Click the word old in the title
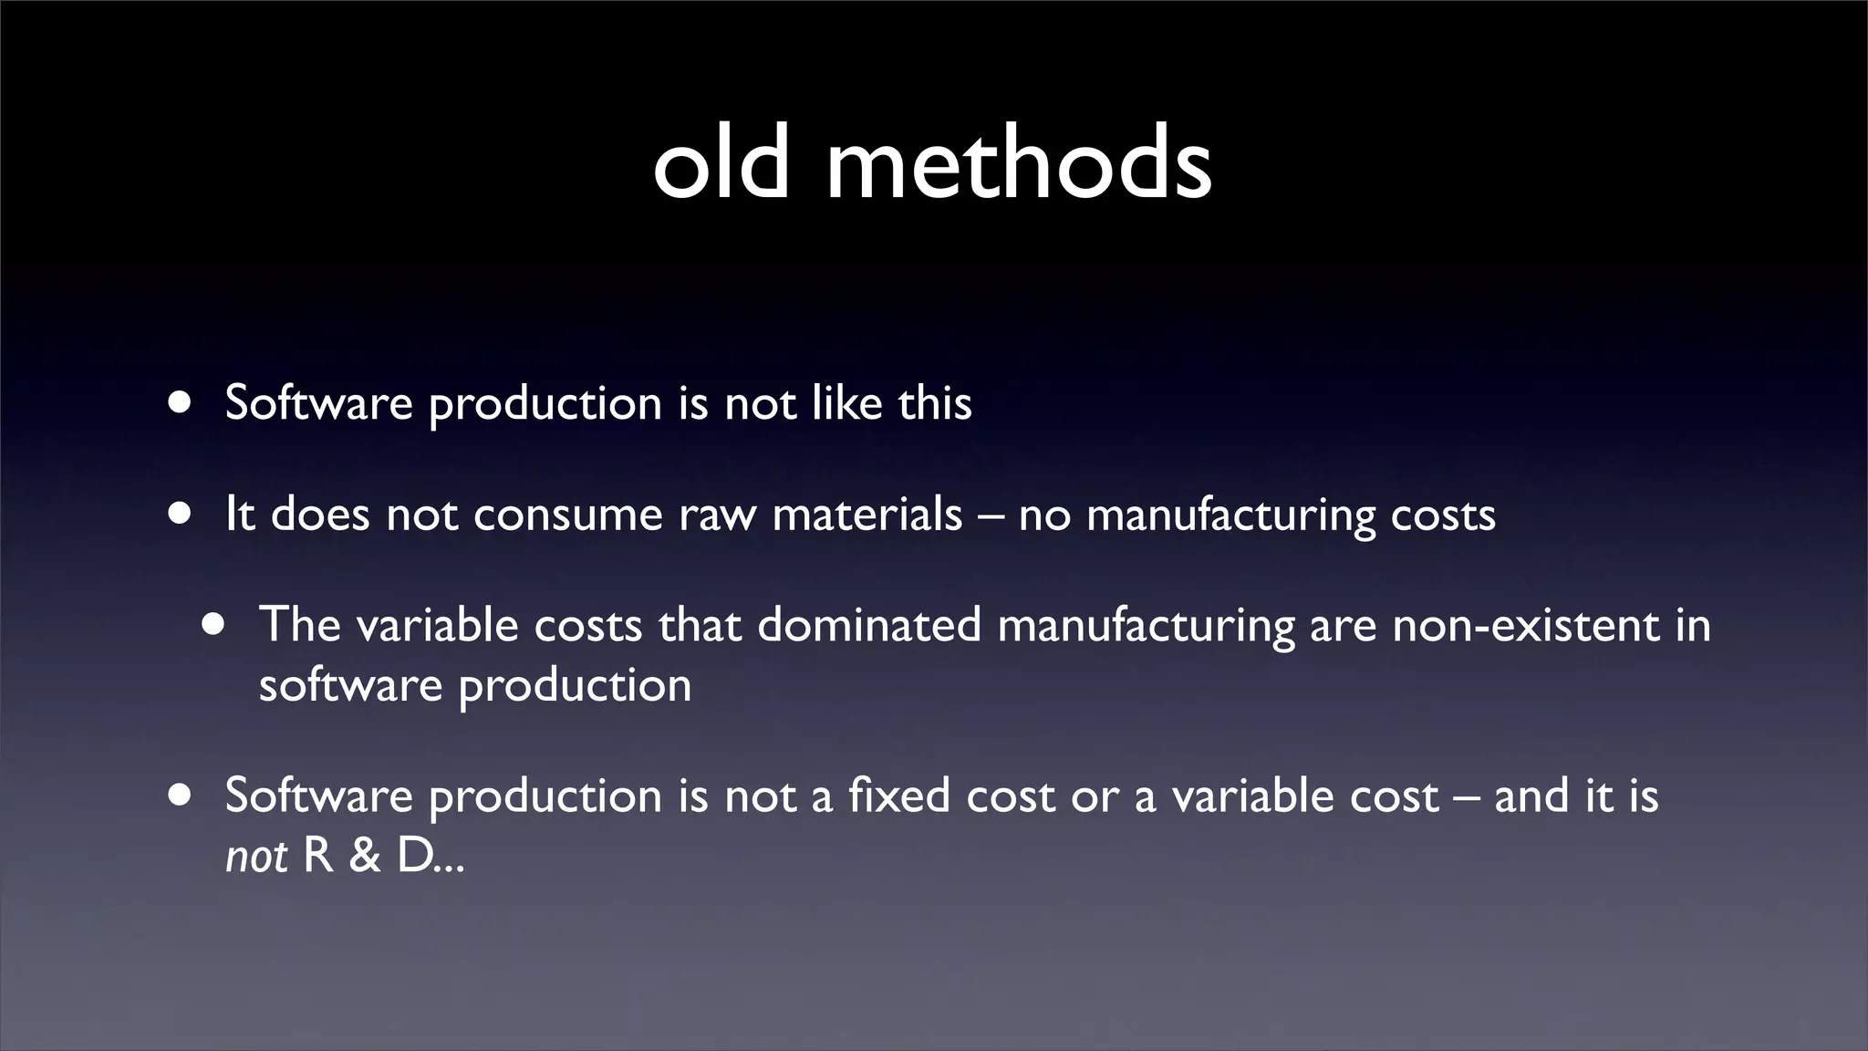pos(721,164)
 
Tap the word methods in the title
pos(1019,164)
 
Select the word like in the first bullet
pos(846,402)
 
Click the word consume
pos(567,515)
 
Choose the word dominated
pos(869,626)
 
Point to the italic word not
pos(256,857)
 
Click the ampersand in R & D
pos(364,857)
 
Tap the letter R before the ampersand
pos(317,857)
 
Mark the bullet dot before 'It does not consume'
pos(180,514)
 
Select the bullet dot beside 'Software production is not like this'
pos(180,402)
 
